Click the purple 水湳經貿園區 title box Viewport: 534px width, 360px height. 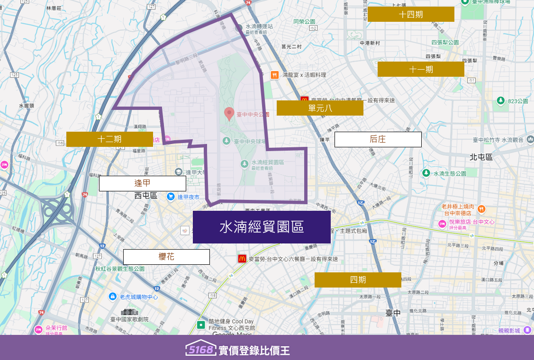262,227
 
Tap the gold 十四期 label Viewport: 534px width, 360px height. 411,14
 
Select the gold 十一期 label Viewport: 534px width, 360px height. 421,69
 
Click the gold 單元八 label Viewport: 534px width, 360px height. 320,108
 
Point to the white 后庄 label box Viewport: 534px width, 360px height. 378,139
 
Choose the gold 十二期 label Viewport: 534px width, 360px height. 109,139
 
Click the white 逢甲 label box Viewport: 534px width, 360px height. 142,183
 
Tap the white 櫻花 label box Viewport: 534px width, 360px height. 166,257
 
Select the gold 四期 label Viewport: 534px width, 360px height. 358,279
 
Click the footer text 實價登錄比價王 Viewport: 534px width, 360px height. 254,351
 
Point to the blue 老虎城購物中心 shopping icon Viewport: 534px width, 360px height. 113,297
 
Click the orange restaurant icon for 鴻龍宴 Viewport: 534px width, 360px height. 274,75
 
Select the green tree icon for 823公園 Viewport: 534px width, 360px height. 500,100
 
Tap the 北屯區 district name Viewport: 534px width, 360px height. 481,157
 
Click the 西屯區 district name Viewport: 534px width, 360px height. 145,195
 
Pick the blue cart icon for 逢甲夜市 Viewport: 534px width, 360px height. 171,196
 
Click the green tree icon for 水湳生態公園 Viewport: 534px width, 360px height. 426,173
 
